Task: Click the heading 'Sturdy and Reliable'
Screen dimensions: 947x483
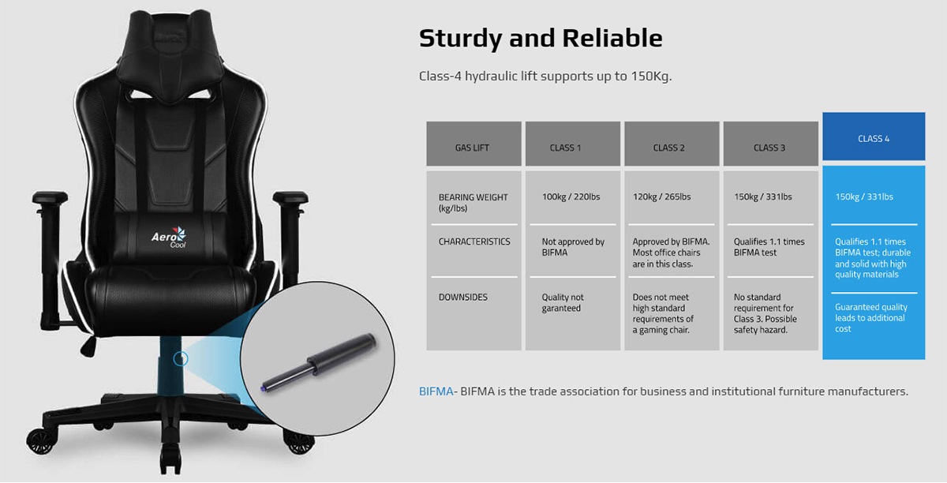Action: click(x=541, y=39)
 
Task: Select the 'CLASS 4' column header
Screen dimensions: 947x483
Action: click(x=874, y=139)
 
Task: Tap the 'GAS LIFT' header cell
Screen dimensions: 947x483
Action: click(x=472, y=148)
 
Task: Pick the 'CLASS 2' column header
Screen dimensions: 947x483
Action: click(x=669, y=148)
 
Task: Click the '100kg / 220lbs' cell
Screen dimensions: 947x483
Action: click(x=571, y=197)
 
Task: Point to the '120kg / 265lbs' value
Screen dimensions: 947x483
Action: click(x=661, y=197)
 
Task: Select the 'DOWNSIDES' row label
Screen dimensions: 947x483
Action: click(x=463, y=298)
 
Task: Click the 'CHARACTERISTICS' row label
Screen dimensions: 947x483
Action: click(x=474, y=241)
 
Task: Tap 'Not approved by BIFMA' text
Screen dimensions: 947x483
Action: click(x=573, y=247)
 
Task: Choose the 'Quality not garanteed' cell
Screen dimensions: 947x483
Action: click(x=563, y=303)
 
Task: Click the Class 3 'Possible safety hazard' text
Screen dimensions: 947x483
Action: click(x=765, y=324)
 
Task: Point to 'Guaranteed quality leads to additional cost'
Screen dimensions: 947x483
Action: click(x=871, y=318)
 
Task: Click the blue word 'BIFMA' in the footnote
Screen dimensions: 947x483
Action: click(x=436, y=391)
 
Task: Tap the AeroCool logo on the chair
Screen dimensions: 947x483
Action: click(x=169, y=238)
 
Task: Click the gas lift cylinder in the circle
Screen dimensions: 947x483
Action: click(x=318, y=362)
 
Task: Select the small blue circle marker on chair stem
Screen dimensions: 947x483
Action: click(x=181, y=358)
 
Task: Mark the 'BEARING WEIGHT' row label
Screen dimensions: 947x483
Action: click(x=473, y=203)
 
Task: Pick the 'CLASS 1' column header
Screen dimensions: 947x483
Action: click(x=565, y=148)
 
